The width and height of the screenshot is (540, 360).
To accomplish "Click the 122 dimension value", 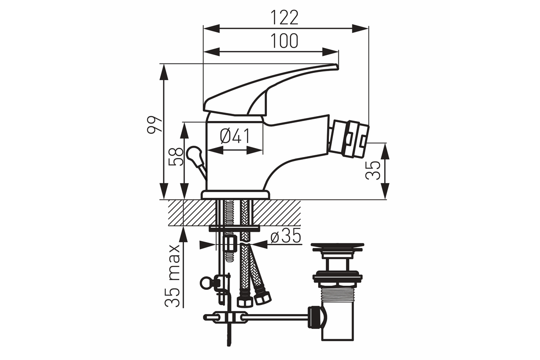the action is coord(284,18).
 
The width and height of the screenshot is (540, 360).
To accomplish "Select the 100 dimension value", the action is coord(284,41).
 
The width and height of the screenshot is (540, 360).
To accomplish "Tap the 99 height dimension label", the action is coord(154,124).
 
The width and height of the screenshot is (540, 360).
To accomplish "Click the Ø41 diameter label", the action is coord(235,136).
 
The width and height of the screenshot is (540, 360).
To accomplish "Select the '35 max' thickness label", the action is coord(172,276).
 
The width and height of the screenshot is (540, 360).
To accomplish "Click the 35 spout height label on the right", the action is coord(373,171).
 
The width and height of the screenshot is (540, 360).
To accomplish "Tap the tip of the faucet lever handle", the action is coord(337,66).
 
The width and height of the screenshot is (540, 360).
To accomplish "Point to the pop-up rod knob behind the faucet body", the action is coord(194,154).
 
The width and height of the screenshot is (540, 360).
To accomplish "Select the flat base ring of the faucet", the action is coord(235,194).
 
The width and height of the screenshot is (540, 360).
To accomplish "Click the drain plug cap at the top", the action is coord(337,247).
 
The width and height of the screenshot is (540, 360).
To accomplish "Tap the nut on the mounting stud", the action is coord(230,244).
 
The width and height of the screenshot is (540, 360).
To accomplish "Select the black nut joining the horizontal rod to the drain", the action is coord(314,317).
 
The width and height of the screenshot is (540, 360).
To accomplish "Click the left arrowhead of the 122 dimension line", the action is coord(211,28).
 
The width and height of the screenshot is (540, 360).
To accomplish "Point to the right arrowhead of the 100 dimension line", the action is coord(330,52).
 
